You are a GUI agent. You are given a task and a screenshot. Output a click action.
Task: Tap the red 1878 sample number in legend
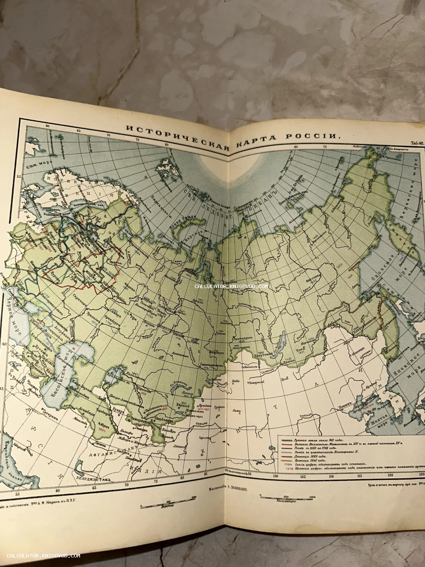coord(283,468)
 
